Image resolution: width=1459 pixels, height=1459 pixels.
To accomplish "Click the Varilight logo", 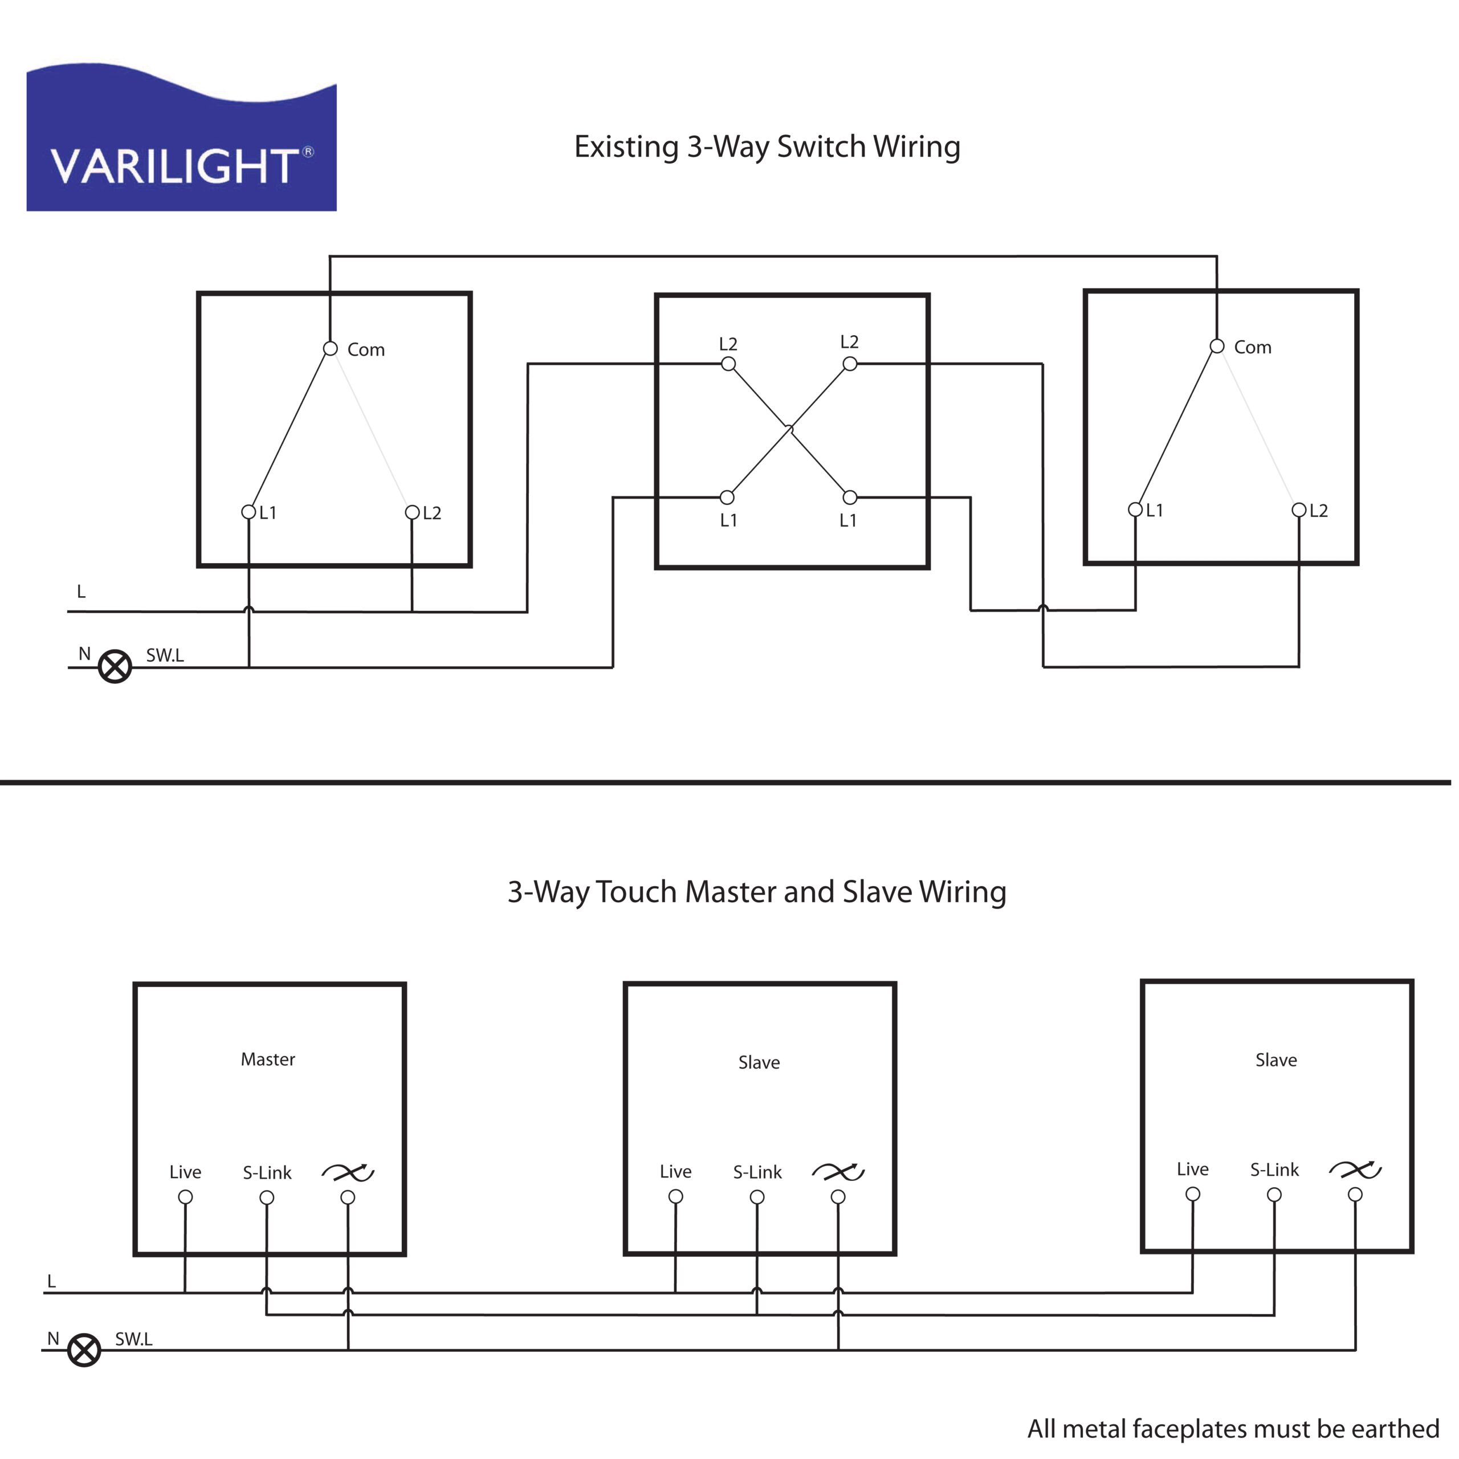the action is pos(181,137).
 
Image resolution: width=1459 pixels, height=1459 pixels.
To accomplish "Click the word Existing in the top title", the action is pos(626,147).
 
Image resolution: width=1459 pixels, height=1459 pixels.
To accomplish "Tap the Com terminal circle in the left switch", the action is pos(330,349).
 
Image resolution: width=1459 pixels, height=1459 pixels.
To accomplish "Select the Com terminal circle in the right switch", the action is pos(1217,347).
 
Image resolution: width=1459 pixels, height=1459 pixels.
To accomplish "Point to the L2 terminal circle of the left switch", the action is pos(412,513).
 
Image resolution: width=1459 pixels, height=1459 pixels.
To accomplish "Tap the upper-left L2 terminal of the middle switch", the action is pos(728,365).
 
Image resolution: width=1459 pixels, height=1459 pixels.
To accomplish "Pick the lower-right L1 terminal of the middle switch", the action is pos(850,498).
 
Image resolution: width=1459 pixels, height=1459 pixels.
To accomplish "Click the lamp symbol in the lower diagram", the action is pos(84,1350).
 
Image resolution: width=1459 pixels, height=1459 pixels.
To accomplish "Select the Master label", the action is pos(268,1059).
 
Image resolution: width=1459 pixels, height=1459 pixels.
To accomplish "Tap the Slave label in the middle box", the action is pos(759,1062).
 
